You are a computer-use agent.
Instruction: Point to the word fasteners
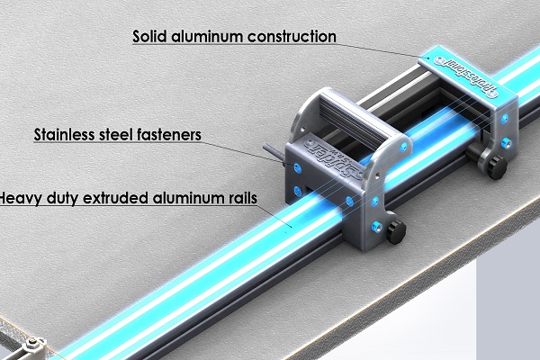169,137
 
